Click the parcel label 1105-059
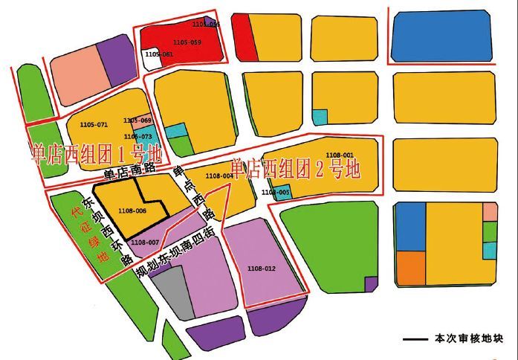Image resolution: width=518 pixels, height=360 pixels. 186,42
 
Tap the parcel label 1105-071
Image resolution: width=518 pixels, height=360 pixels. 93,124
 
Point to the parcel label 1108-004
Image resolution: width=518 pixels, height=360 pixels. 218,176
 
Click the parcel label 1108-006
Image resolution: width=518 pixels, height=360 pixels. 132,210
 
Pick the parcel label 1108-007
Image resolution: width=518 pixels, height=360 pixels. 144,242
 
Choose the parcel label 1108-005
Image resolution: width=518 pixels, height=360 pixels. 276,193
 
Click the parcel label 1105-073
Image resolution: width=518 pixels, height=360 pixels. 137,137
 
